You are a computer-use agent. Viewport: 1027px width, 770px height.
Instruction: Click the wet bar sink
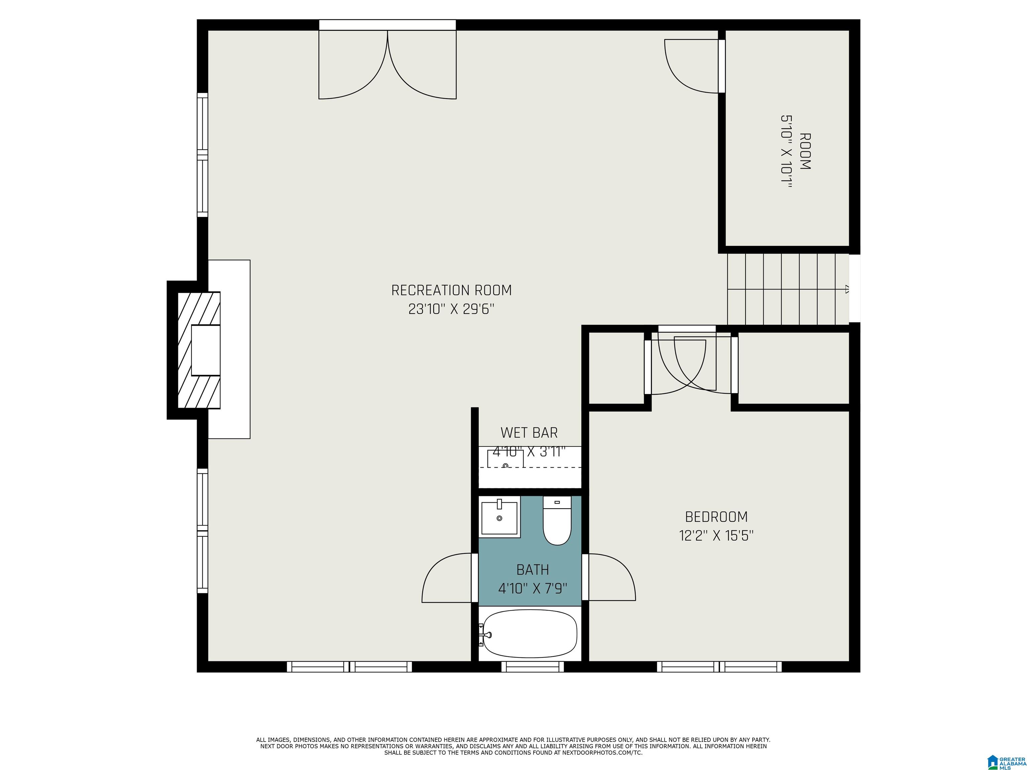(505, 459)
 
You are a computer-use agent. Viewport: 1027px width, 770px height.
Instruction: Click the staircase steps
(788, 289)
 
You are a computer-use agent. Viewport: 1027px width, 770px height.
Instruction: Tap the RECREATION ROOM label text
(451, 290)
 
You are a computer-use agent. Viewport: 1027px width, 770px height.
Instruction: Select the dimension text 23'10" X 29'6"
(451, 309)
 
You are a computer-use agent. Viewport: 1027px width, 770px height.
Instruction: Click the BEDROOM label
(716, 517)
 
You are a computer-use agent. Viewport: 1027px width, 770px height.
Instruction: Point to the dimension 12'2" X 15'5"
(716, 536)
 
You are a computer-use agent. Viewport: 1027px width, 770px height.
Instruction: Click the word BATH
(533, 570)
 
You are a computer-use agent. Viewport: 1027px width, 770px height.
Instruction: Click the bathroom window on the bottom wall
(533, 666)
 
